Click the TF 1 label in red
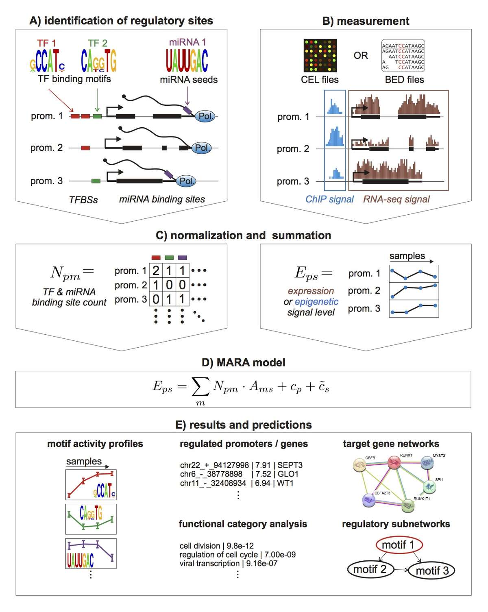click(46, 43)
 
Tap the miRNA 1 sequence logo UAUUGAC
click(187, 61)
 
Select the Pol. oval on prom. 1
click(206, 116)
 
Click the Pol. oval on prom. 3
click(186, 181)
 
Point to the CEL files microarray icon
click(320, 56)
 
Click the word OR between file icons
click(361, 56)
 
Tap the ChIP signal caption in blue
click(329, 199)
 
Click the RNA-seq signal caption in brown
click(396, 199)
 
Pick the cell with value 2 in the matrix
click(156, 270)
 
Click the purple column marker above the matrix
click(182, 257)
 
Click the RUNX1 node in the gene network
click(394, 462)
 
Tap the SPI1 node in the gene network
click(429, 486)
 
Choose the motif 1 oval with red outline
click(398, 545)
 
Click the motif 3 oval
click(431, 571)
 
